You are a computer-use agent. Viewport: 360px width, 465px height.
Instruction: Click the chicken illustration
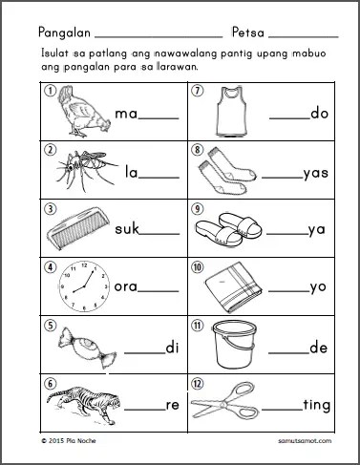click(84, 112)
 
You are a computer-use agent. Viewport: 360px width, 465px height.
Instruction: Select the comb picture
click(78, 228)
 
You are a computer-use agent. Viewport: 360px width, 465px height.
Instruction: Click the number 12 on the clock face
click(84, 265)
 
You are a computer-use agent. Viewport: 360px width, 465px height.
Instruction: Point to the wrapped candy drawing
click(87, 348)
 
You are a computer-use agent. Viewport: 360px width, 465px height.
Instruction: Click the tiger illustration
click(84, 405)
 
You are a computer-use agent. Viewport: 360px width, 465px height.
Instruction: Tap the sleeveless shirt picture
click(231, 112)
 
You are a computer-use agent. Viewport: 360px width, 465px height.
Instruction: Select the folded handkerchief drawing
click(234, 288)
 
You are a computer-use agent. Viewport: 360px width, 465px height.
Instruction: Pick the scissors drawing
click(225, 402)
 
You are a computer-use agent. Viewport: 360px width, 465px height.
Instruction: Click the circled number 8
click(198, 150)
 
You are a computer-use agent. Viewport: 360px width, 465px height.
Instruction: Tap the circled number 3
click(51, 209)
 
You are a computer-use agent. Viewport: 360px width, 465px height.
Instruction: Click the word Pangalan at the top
click(64, 32)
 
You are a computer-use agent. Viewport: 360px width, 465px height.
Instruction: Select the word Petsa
click(248, 32)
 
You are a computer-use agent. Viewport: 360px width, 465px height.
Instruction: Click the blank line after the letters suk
click(159, 234)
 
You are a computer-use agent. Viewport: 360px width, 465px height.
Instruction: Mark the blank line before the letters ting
click(282, 411)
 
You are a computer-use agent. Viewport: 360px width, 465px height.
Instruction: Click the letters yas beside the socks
click(316, 174)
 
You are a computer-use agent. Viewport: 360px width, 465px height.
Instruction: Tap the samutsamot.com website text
click(305, 441)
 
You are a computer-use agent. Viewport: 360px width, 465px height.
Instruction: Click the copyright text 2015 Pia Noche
click(69, 441)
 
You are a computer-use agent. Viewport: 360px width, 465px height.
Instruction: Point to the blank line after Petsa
click(304, 37)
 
